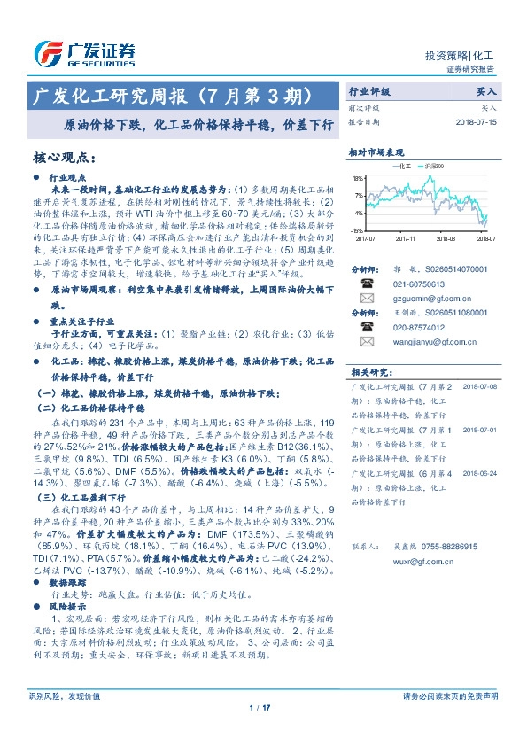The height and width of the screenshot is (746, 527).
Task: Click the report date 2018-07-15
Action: click(478, 121)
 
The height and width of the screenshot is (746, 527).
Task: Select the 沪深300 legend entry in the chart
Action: click(435, 165)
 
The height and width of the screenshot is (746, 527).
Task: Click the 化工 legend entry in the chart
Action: click(399, 165)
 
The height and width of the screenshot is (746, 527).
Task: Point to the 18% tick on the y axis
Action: click(359, 177)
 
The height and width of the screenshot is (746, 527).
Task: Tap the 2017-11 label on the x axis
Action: click(406, 238)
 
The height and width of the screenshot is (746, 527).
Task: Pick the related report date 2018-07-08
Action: click(478, 387)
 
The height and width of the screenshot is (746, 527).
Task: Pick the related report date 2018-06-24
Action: click(478, 474)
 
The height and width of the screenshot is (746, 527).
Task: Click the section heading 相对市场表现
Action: click(376, 152)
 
